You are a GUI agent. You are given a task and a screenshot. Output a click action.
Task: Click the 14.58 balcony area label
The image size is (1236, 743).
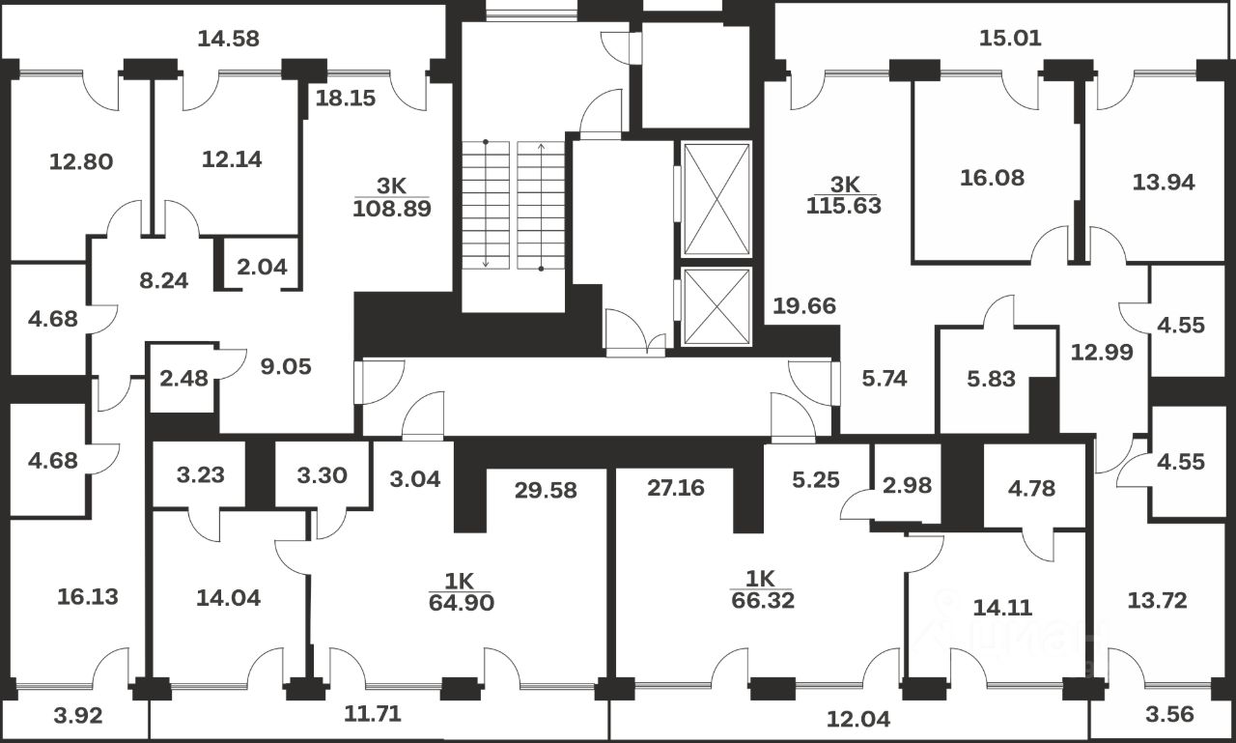click(x=229, y=40)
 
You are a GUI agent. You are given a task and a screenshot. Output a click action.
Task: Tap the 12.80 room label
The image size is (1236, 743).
click(x=81, y=161)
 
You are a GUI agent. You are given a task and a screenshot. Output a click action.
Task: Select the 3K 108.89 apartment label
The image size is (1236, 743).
click(x=391, y=196)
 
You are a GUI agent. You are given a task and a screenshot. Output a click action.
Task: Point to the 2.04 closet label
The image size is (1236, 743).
click(x=262, y=268)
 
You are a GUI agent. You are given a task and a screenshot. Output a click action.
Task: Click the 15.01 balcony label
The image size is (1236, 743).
click(x=1011, y=39)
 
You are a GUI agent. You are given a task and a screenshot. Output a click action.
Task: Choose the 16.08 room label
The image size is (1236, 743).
click(x=993, y=178)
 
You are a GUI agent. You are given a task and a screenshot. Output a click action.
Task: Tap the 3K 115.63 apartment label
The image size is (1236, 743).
click(x=843, y=194)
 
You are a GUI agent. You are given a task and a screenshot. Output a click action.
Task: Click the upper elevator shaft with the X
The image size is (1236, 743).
click(x=716, y=198)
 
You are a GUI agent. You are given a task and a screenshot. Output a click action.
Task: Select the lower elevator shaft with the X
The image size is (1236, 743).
click(x=716, y=306)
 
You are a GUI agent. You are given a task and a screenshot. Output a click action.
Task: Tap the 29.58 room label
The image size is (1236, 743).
click(x=546, y=490)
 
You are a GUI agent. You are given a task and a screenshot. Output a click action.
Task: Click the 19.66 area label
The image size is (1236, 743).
click(x=803, y=307)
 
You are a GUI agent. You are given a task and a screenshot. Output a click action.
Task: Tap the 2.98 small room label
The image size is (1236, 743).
click(x=907, y=484)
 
